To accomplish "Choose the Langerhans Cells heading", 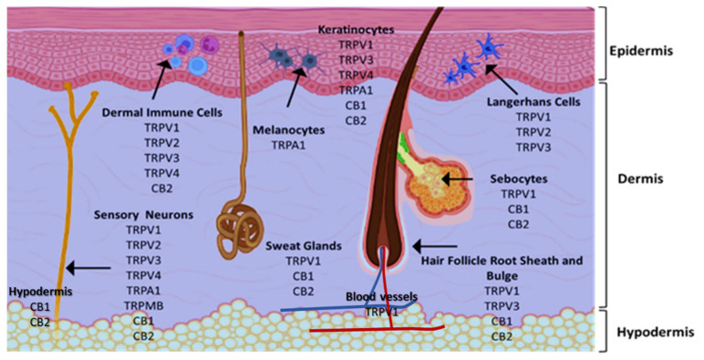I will pyautogui.click(x=533, y=102).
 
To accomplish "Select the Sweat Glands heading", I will pyautogui.click(x=303, y=245).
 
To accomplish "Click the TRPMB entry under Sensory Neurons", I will pyautogui.click(x=143, y=305).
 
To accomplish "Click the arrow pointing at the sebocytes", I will pyautogui.click(x=459, y=180).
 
